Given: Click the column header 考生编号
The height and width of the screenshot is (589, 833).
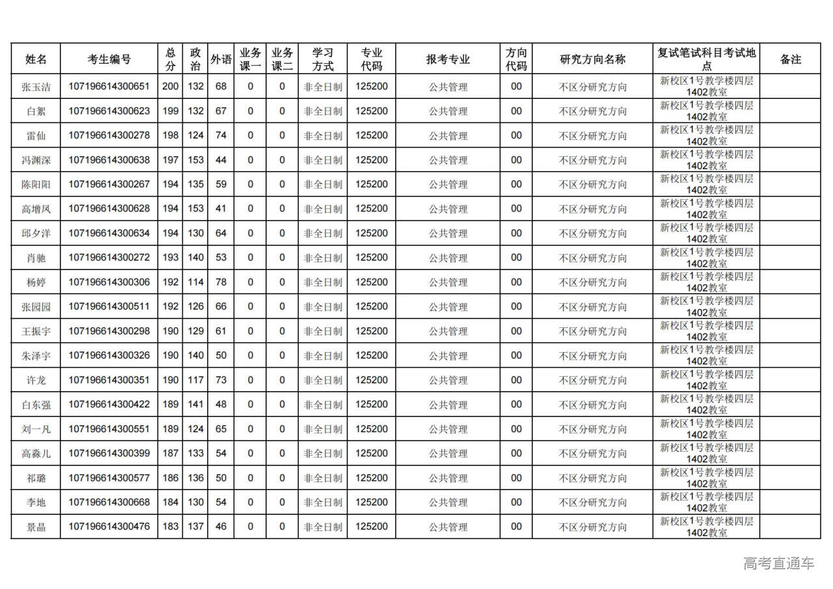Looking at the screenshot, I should pos(109,59).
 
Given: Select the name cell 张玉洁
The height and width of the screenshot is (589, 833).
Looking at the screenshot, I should pos(36,87).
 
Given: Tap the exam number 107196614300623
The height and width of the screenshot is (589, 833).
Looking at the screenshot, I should pos(109,111).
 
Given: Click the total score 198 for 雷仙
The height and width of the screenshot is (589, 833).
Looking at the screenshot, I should pos(171,135).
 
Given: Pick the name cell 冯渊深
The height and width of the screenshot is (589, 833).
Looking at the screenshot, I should pos(36,160).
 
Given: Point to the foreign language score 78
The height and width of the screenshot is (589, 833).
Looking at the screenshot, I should pos(221,282).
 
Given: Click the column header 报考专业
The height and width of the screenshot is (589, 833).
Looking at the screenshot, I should pos(448,59).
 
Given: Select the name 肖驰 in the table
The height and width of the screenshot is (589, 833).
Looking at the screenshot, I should pos(36,258).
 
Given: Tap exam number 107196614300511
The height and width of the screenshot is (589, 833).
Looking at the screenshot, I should pos(109,307).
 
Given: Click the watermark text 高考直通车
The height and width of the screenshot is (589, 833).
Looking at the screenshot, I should pos(779,563).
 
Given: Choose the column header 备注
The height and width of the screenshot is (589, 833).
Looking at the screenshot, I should pos(790,59).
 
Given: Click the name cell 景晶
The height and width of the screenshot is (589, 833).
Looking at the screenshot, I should pos(36,527).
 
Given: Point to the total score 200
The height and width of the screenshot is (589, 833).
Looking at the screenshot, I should pos(171,87).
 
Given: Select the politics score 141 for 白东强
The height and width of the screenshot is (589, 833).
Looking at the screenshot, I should pos(195,405).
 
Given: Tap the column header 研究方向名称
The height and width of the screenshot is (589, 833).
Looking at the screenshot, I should pos(592,59).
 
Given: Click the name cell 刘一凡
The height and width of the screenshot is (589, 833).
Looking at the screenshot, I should pos(36,430).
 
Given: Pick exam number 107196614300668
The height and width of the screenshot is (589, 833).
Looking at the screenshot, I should pos(109,502).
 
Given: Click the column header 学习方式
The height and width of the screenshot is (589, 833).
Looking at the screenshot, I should pos(323,59).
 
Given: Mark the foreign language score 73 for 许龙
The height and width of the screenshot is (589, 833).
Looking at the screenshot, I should pos(221,380).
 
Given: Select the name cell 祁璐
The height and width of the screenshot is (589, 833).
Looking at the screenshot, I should pos(36,478).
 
